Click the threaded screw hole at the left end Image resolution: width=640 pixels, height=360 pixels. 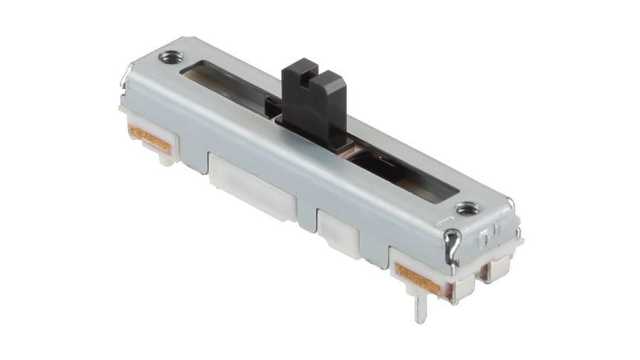pos(170,58)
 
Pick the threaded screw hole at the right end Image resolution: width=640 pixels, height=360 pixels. pos(466,208)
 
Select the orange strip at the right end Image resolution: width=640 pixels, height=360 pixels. pos(417,278)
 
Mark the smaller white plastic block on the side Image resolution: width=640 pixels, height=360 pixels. pos(338,229)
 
